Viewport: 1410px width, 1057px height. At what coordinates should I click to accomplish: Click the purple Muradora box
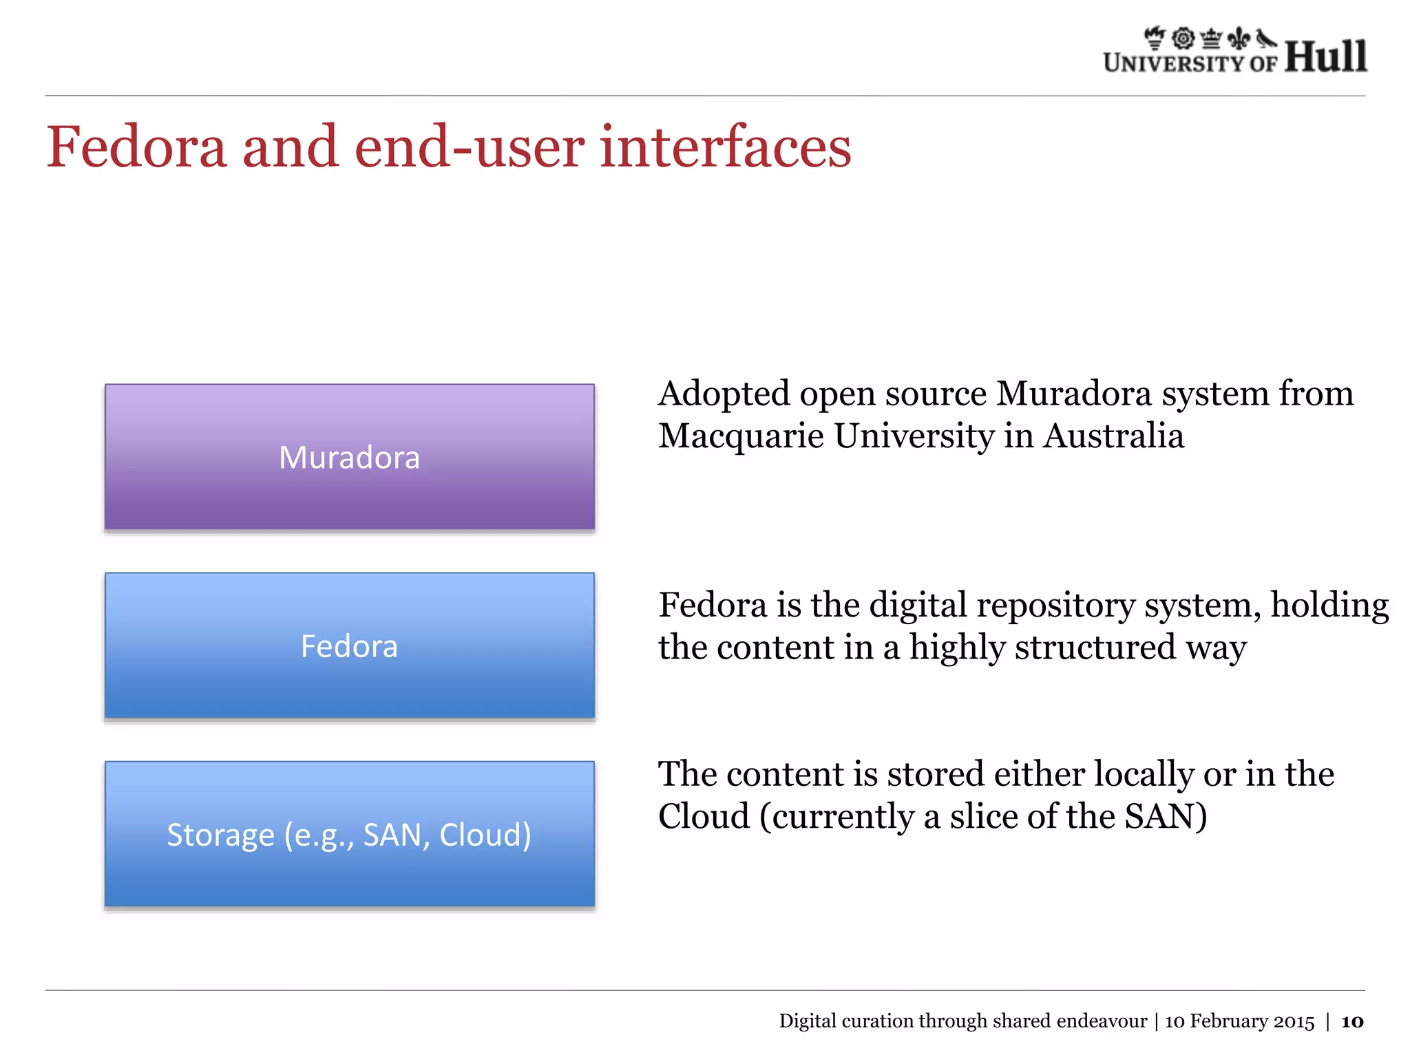pyautogui.click(x=349, y=457)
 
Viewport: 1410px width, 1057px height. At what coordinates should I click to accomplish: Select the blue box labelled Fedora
pyautogui.click(x=349, y=645)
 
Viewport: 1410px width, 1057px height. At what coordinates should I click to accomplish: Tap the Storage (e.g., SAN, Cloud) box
pyautogui.click(x=349, y=834)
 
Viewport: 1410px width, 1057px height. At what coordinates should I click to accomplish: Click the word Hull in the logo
pyautogui.click(x=1325, y=56)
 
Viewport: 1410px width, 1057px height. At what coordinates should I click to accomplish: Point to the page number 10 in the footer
pyautogui.click(x=1352, y=1021)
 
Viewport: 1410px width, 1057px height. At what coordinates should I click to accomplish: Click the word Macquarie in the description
pyautogui.click(x=741, y=436)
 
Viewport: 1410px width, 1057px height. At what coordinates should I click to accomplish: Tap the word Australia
pyautogui.click(x=1113, y=436)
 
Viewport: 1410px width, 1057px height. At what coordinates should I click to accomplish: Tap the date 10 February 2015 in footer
pyautogui.click(x=1239, y=1021)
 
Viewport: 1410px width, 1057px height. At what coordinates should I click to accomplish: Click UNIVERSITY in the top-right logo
pyautogui.click(x=1174, y=63)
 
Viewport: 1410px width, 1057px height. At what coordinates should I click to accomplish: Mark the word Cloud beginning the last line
pyautogui.click(x=704, y=817)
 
